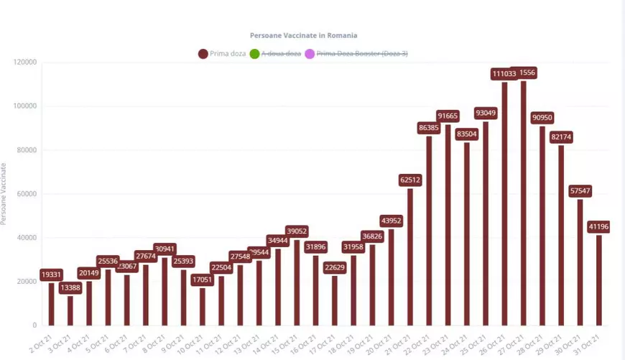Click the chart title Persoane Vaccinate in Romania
click(x=303, y=35)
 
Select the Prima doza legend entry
click(x=222, y=54)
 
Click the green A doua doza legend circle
click(x=254, y=54)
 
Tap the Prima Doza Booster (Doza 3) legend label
click(x=361, y=54)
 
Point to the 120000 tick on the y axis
click(x=25, y=63)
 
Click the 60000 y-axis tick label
click(x=27, y=194)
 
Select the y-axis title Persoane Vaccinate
click(x=4, y=194)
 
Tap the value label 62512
click(x=410, y=180)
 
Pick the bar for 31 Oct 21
click(x=598, y=280)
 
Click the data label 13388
click(x=70, y=288)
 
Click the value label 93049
click(x=486, y=113)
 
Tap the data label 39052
click(x=297, y=231)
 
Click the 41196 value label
click(x=600, y=227)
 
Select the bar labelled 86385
click(x=429, y=230)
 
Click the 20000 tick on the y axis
click(x=27, y=282)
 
